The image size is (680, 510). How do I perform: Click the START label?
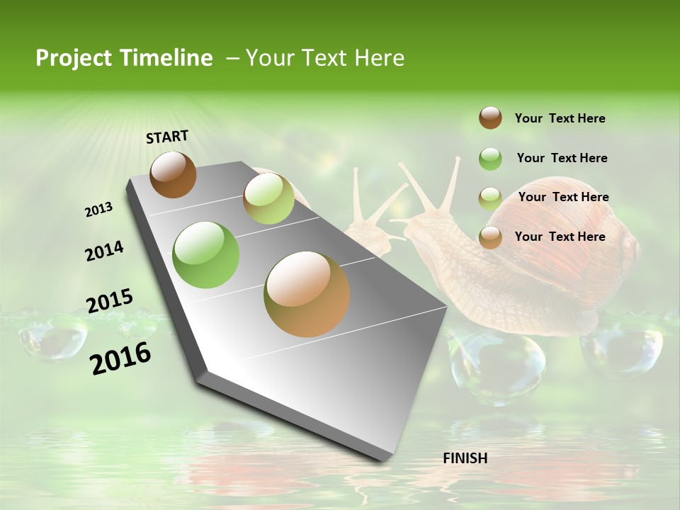(x=167, y=137)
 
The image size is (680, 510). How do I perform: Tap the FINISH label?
(x=465, y=458)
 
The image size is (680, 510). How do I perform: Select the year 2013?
(x=98, y=210)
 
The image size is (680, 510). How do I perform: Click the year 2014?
(x=104, y=251)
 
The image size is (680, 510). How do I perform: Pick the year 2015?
(x=110, y=301)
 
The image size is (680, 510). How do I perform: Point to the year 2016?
(x=120, y=358)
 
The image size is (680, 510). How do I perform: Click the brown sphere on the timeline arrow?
(x=173, y=174)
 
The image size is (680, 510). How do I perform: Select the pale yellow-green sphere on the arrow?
(x=268, y=198)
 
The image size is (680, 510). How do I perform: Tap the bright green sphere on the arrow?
(x=206, y=254)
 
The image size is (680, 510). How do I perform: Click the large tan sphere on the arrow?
(x=307, y=294)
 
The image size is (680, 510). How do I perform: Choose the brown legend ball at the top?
(x=490, y=118)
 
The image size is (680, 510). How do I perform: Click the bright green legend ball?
(x=490, y=159)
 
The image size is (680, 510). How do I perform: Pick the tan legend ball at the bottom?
(x=490, y=237)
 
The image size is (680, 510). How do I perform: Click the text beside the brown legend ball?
(x=560, y=118)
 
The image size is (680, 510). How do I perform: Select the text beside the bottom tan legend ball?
(x=560, y=237)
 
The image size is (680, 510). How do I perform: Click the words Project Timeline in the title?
(x=124, y=58)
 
